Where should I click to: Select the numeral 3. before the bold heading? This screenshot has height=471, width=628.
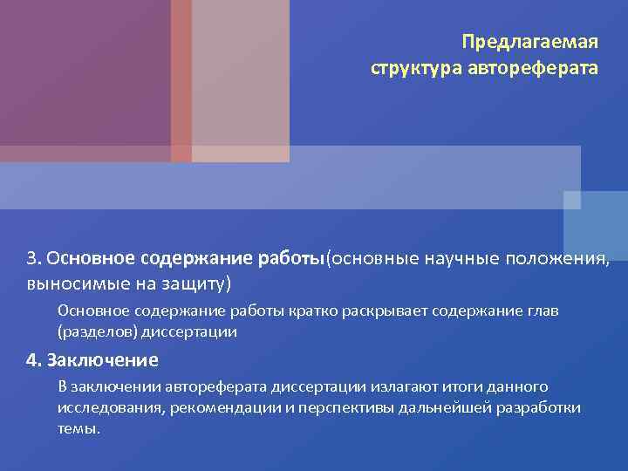pyautogui.click(x=34, y=259)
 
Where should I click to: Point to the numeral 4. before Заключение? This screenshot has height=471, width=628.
pyautogui.click(x=34, y=360)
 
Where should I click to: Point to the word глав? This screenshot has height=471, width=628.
pyautogui.click(x=541, y=311)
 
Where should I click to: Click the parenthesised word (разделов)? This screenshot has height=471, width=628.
pyautogui.click(x=93, y=332)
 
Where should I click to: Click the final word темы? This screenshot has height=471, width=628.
pyautogui.click(x=78, y=430)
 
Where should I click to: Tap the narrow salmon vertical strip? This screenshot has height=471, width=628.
pyautogui.click(x=181, y=78)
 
